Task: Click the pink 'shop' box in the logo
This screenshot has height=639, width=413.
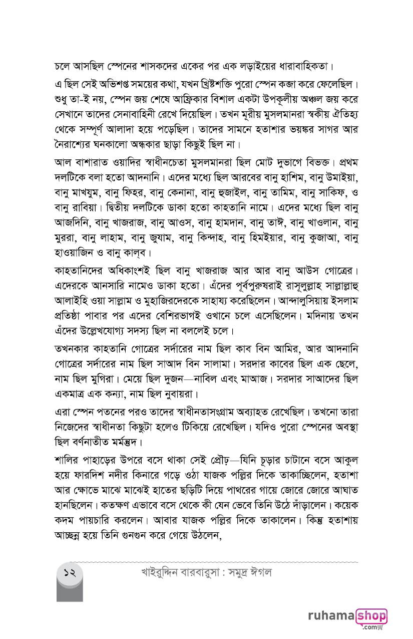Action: point(371,615)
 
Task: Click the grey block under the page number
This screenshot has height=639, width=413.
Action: point(70,591)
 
